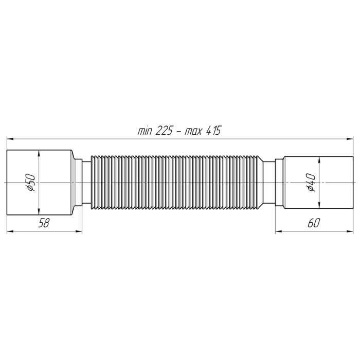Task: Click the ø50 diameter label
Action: pos(31,183)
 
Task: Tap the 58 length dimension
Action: pos(43,223)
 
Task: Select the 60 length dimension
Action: pos(314,223)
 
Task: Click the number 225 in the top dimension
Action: pos(164,131)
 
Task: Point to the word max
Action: pos(193,132)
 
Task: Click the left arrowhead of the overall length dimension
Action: pos(10,139)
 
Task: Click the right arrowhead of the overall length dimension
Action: pos(350,139)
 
